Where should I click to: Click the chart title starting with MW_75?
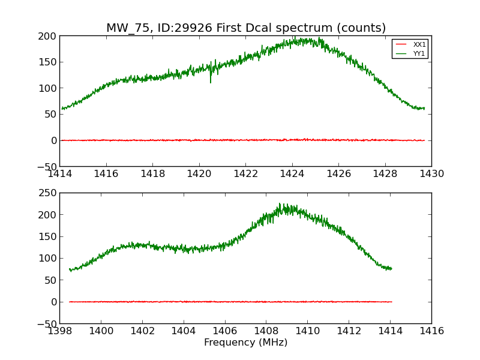(x=246, y=28)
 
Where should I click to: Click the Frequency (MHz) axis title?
(x=245, y=343)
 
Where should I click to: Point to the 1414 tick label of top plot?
(x=60, y=173)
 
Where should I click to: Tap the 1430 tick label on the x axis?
(x=431, y=173)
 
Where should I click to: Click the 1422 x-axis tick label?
(x=245, y=173)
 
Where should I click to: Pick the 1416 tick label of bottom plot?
(x=431, y=331)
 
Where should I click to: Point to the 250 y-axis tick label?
(x=47, y=193)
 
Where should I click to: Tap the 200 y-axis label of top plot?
(x=47, y=36)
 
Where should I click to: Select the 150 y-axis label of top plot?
(x=47, y=62)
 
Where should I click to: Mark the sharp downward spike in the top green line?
(x=211, y=81)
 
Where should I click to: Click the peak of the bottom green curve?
(x=280, y=204)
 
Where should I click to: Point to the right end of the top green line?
(x=424, y=109)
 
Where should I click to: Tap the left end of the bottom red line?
(x=70, y=302)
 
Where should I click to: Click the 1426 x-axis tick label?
(x=338, y=173)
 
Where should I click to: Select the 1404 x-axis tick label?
(x=184, y=331)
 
